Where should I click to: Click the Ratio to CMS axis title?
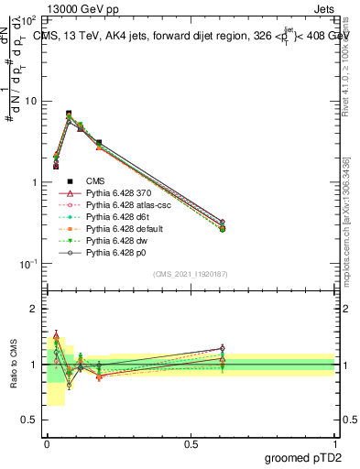[x=15, y=365]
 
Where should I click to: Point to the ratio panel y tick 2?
[x=34, y=309]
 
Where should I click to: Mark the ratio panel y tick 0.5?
[x=29, y=420]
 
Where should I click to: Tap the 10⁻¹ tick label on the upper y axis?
[x=29, y=264]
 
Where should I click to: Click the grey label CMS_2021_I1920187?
[x=190, y=275]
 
